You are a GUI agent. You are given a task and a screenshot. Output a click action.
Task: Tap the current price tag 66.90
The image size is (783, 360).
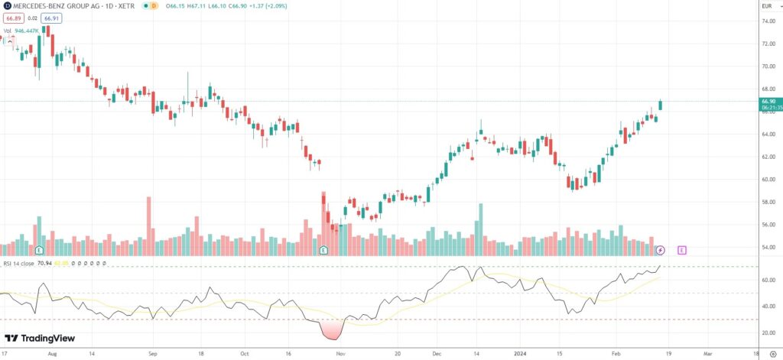(768, 101)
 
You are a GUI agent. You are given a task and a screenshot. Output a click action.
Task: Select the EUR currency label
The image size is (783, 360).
(768, 5)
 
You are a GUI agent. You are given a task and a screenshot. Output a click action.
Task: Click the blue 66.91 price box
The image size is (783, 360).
(51, 17)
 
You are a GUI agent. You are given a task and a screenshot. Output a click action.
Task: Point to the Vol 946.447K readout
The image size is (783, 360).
(21, 31)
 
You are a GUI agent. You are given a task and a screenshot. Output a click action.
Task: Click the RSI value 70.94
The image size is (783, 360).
(44, 263)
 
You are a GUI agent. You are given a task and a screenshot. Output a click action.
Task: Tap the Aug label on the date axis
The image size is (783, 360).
(52, 355)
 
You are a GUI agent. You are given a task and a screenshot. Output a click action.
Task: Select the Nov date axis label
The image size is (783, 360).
(340, 355)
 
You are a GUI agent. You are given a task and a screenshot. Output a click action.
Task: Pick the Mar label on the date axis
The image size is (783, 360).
(707, 355)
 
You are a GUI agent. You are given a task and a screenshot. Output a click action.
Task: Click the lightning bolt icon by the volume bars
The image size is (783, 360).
(661, 250)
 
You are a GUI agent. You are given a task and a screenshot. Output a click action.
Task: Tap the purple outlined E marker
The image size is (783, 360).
(681, 250)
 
